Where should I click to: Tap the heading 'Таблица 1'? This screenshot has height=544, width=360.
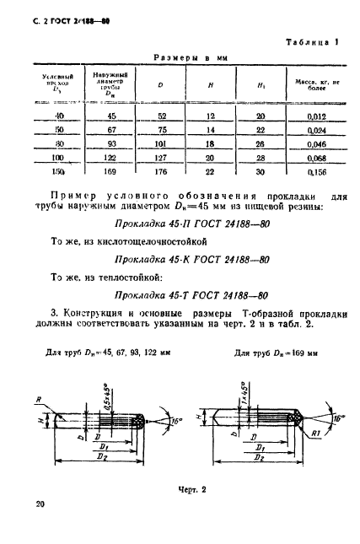point(312,41)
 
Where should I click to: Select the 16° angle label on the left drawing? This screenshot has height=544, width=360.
point(175,415)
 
